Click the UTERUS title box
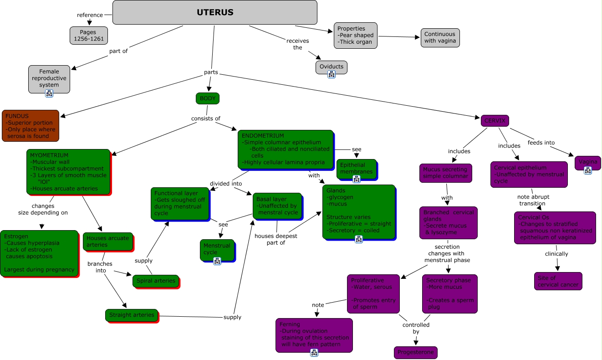[x=214, y=12]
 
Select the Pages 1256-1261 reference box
[x=89, y=36]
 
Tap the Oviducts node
[x=331, y=67]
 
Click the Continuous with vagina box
[x=439, y=37]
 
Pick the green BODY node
[x=207, y=98]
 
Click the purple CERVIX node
[x=495, y=121]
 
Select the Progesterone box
[x=415, y=352]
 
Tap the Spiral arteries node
[x=156, y=281]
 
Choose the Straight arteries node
[x=132, y=315]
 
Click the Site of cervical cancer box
[x=558, y=281]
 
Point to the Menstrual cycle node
[x=217, y=249]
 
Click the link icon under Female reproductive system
[x=49, y=93]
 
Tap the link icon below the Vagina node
[x=587, y=170]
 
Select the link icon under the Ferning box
[x=314, y=352]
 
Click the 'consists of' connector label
[x=205, y=118]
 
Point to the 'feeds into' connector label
[x=541, y=143]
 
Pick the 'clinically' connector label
[x=556, y=254]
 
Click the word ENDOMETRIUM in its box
[x=263, y=136]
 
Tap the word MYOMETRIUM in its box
[x=49, y=155]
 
